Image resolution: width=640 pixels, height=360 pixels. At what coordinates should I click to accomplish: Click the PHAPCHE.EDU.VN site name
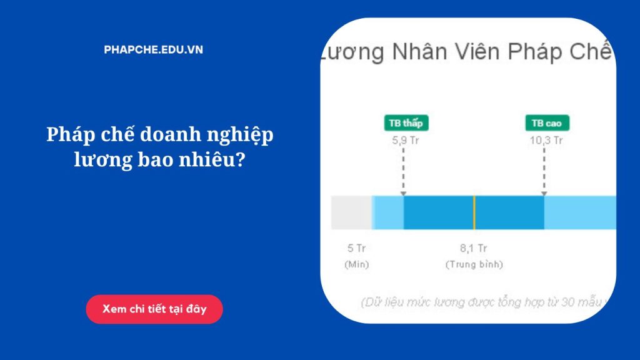154,50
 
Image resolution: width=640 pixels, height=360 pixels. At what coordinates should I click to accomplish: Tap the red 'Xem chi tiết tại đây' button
154,309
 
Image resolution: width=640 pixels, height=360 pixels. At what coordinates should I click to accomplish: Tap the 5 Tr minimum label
356,249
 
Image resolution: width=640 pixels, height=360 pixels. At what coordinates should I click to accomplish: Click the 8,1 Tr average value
474,249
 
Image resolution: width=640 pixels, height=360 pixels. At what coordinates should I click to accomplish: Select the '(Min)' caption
356,264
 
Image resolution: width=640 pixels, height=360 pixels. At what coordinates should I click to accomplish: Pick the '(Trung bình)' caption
474,264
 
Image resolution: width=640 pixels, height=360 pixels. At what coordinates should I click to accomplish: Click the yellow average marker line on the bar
474,212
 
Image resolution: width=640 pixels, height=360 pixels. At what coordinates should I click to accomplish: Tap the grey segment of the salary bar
351,212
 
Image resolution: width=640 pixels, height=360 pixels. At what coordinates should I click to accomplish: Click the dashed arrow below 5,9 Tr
403,172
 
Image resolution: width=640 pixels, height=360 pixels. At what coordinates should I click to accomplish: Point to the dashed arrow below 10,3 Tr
544,172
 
